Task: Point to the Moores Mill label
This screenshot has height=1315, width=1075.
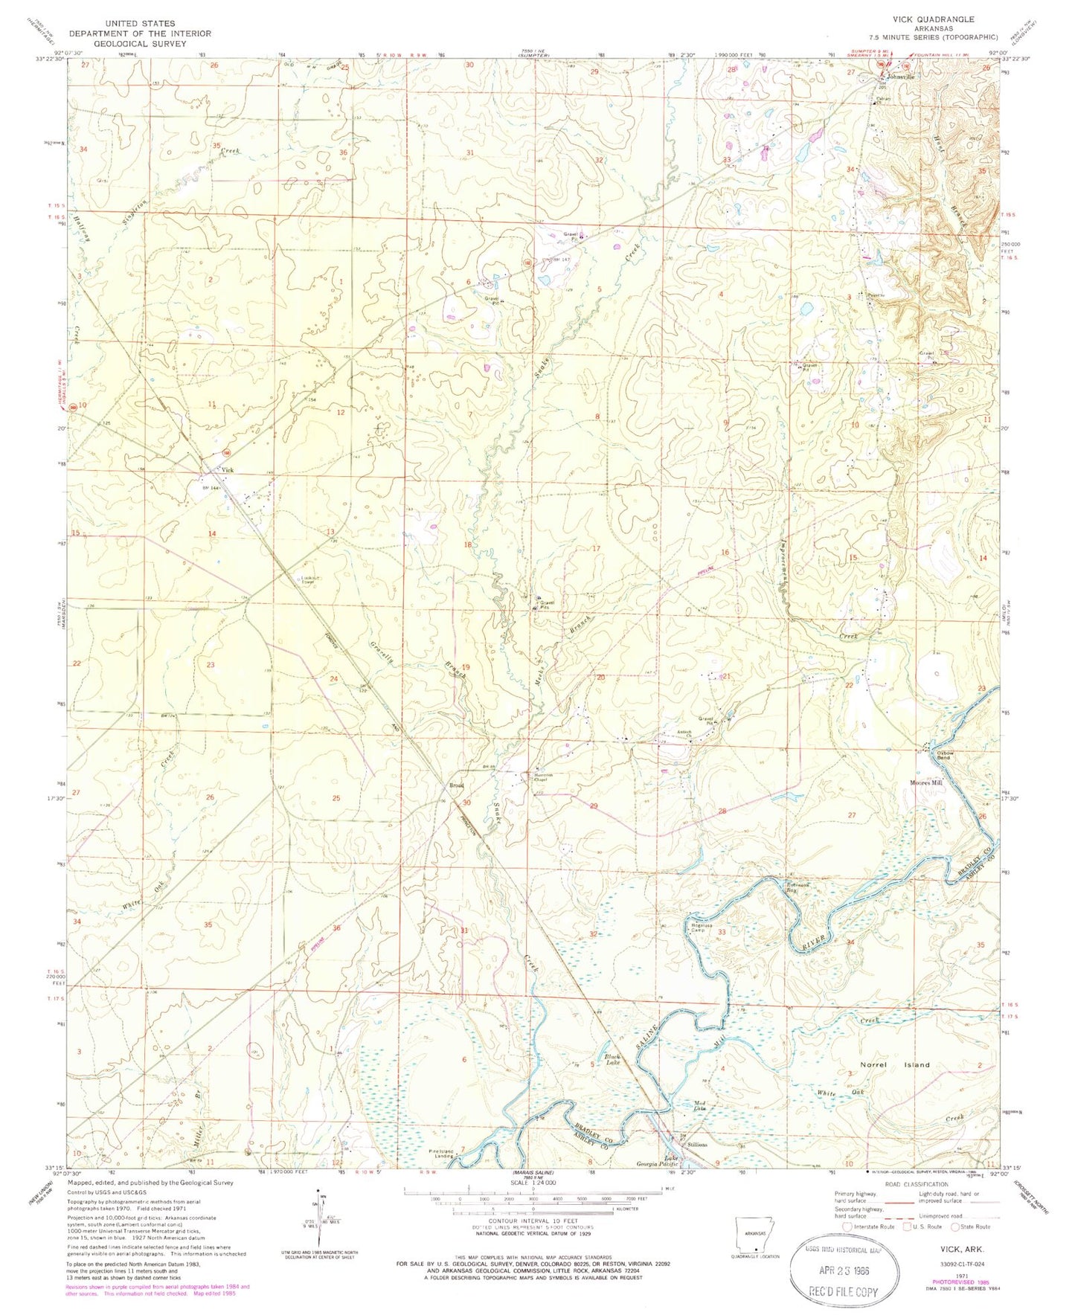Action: (x=926, y=782)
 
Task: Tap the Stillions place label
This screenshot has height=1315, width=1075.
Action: (x=696, y=1144)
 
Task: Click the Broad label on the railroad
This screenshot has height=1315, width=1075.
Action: (x=456, y=785)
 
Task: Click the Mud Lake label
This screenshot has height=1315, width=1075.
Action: (x=699, y=1106)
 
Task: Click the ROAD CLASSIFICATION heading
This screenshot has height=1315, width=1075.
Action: (x=916, y=1184)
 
